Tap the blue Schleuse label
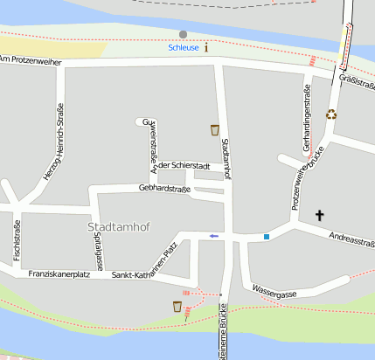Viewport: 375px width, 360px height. pyautogui.click(x=184, y=48)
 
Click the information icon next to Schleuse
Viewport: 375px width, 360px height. pyautogui.click(x=206, y=47)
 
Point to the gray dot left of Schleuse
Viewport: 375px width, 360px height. pyautogui.click(x=183, y=34)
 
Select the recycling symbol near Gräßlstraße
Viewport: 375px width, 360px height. pyautogui.click(x=331, y=114)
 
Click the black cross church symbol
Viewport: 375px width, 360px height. pyautogui.click(x=319, y=214)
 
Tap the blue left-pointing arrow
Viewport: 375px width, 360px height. pyautogui.click(x=213, y=236)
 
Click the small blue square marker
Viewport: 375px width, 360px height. pyautogui.click(x=267, y=236)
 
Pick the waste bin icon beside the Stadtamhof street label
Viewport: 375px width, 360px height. pyautogui.click(x=214, y=130)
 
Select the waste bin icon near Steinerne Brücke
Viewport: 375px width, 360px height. pyautogui.click(x=177, y=307)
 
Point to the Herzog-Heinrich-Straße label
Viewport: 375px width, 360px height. pyautogui.click(x=54, y=142)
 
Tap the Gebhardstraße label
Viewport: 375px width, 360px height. pyautogui.click(x=164, y=188)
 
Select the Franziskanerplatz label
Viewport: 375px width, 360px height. pyautogui.click(x=59, y=274)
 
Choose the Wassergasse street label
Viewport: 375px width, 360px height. pyautogui.click(x=274, y=292)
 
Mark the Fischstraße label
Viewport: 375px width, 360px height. pyautogui.click(x=17, y=239)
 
